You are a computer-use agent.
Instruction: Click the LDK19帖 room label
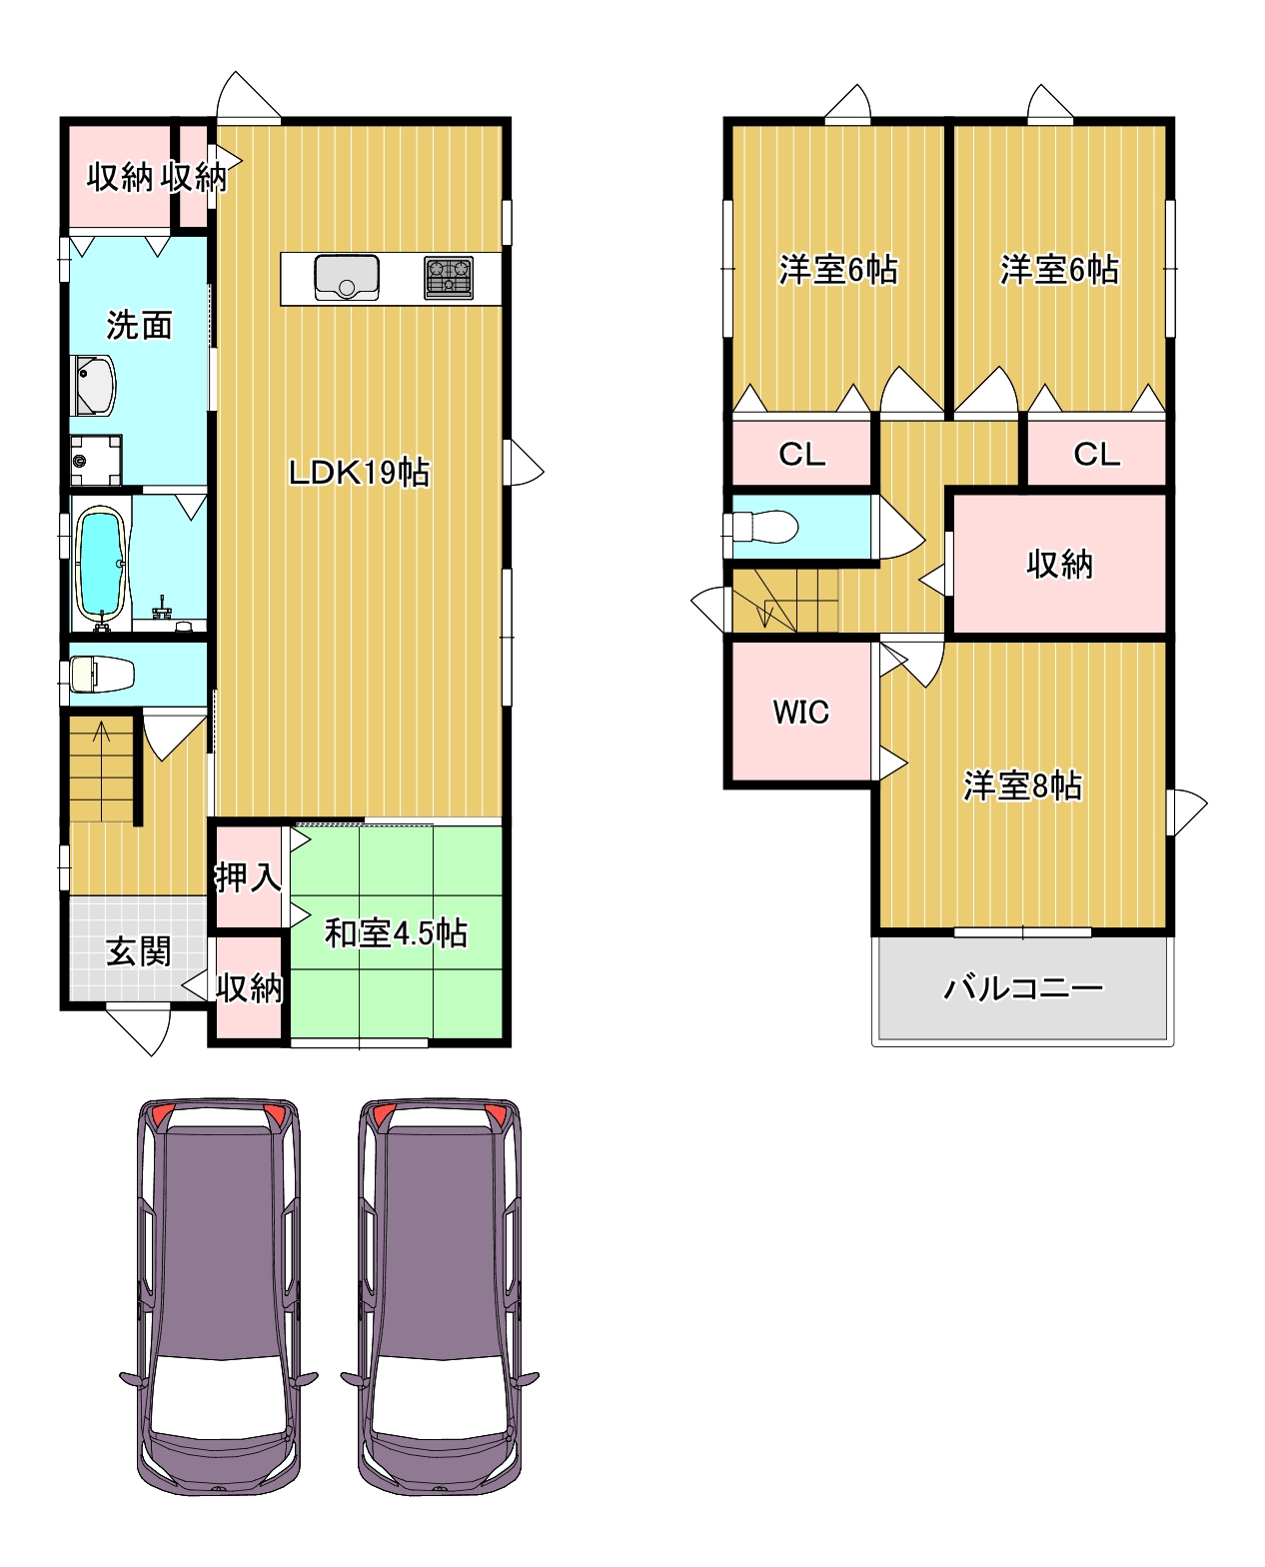[x=358, y=472]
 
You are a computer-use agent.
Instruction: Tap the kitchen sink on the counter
[x=347, y=277]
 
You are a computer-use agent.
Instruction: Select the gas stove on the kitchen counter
[x=448, y=278]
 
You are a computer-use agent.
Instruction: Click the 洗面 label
[x=139, y=325]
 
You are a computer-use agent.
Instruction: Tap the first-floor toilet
[x=102, y=674]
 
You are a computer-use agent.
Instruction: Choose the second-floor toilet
[x=764, y=527]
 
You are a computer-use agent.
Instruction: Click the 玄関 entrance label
[x=138, y=951]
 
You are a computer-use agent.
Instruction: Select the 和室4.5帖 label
[x=396, y=932]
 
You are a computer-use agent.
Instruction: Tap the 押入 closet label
[x=248, y=876]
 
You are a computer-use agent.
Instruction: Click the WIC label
[x=800, y=713]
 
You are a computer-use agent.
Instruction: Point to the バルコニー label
[x=1023, y=987]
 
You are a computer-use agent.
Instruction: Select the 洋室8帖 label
[x=1022, y=785]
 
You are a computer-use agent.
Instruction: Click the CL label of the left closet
[x=801, y=454]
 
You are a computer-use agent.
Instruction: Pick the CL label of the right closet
[x=1096, y=454]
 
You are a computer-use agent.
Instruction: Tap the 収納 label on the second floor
[x=1059, y=565]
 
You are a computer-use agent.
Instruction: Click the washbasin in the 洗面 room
[x=93, y=386]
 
